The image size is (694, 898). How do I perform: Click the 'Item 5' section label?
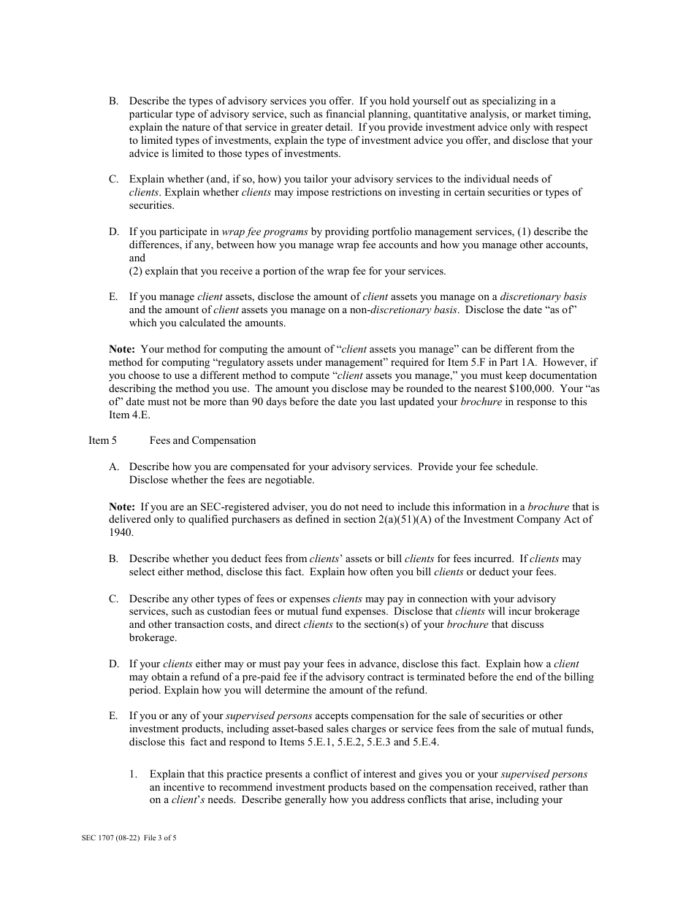(102, 440)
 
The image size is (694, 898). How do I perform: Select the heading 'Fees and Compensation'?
(202, 440)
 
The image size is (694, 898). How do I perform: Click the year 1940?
(121, 532)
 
